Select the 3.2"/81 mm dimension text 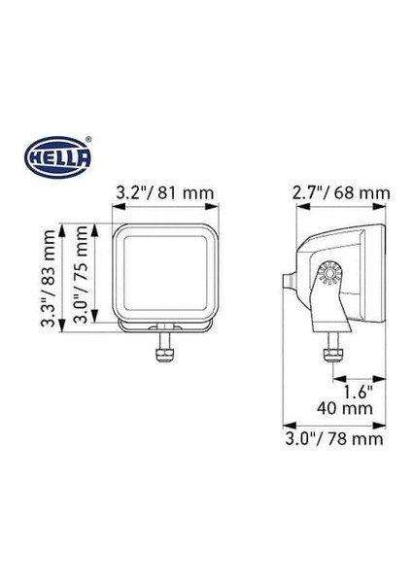click(164, 192)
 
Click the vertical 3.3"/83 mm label click(47, 278)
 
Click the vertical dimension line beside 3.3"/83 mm click(63, 278)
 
